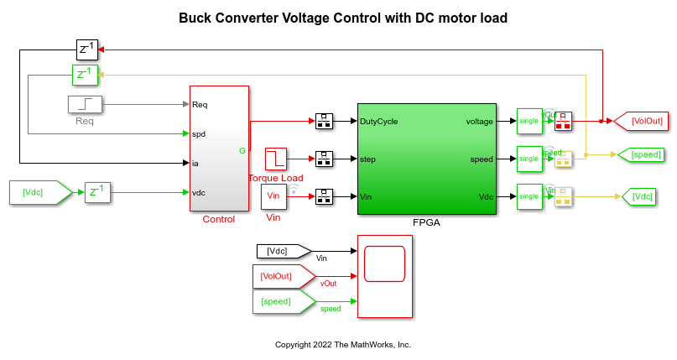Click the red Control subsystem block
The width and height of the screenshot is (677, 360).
click(x=219, y=149)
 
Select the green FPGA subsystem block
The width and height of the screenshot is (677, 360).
click(x=426, y=159)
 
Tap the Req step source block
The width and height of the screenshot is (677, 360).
click(x=85, y=105)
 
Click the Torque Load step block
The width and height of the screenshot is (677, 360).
click(x=275, y=158)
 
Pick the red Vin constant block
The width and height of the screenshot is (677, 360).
click(x=273, y=197)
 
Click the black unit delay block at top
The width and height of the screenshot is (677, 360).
click(x=87, y=50)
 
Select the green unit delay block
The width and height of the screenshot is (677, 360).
click(x=86, y=76)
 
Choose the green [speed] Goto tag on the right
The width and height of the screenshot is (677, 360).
click(x=640, y=154)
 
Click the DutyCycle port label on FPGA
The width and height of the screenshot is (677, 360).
click(x=378, y=121)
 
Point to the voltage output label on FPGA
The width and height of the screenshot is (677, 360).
click(x=479, y=121)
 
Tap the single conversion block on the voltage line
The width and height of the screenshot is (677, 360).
click(x=529, y=121)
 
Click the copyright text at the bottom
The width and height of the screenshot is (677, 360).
click(x=342, y=345)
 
